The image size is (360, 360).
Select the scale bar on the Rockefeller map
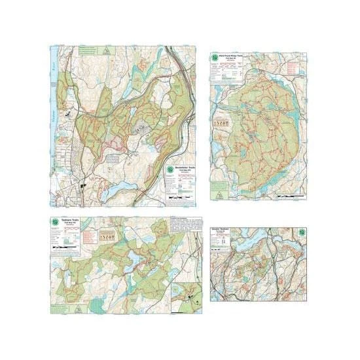[179, 196]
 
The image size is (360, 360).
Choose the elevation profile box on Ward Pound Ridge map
[225, 122]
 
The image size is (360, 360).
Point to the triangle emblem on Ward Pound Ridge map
[215, 194]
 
